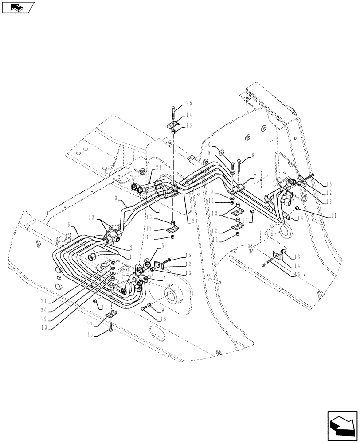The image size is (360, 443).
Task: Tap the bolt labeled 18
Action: [110, 328]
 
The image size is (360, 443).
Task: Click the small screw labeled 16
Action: [143, 308]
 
